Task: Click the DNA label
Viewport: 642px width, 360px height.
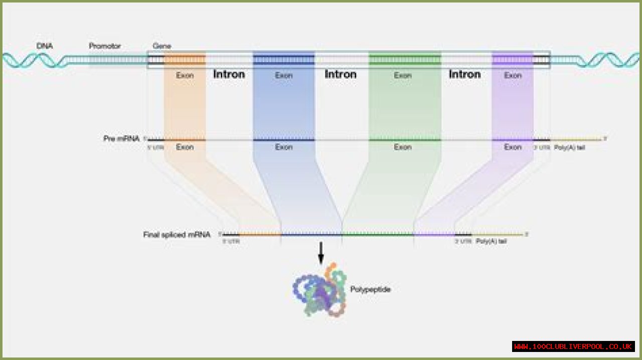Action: pyautogui.click(x=45, y=46)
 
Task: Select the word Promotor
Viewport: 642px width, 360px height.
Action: pyautogui.click(x=105, y=46)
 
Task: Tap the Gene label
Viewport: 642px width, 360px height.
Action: pyautogui.click(x=162, y=46)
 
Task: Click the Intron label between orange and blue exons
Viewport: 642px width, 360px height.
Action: pyautogui.click(x=229, y=74)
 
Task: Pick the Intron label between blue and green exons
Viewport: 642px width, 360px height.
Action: pyautogui.click(x=341, y=74)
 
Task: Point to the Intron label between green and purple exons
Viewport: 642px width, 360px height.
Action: pyautogui.click(x=464, y=74)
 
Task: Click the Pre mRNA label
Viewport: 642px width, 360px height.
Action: pyautogui.click(x=121, y=138)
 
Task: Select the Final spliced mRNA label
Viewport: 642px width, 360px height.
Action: pyautogui.click(x=177, y=234)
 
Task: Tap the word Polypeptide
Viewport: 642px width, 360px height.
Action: pyautogui.click(x=370, y=289)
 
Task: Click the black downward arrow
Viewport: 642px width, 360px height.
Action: pyautogui.click(x=321, y=253)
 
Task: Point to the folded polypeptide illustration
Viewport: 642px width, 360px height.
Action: pyautogui.click(x=319, y=291)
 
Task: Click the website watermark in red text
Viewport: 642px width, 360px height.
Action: pyautogui.click(x=573, y=346)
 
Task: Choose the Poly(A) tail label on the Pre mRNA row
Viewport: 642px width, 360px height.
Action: pyautogui.click(x=569, y=147)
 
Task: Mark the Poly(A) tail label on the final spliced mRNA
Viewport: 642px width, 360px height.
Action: pyautogui.click(x=491, y=242)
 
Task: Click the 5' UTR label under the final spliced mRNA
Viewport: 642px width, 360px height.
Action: pyautogui.click(x=231, y=242)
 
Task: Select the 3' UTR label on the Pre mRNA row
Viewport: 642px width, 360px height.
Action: pyautogui.click(x=541, y=147)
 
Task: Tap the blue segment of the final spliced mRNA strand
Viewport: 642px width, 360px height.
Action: pyautogui.click(x=311, y=234)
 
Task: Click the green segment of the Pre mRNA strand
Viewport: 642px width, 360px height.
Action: pyautogui.click(x=405, y=139)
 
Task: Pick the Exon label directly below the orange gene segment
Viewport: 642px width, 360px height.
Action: pyautogui.click(x=185, y=75)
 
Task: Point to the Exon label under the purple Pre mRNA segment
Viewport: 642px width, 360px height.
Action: pyautogui.click(x=513, y=147)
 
